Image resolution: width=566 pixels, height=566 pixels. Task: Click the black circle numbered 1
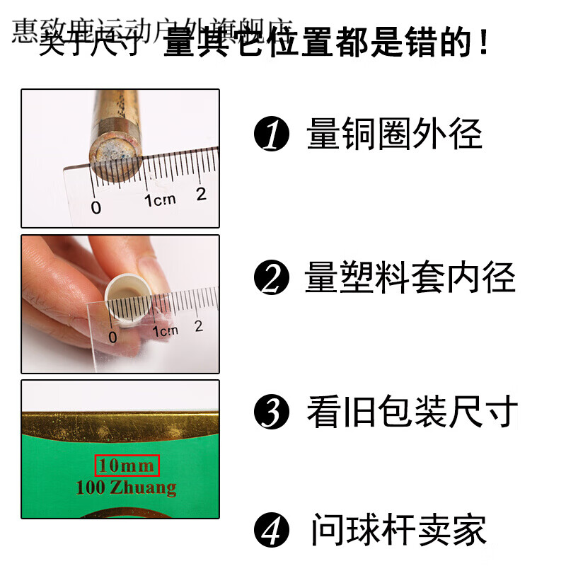272,134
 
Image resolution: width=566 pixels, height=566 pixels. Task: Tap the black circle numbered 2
272,278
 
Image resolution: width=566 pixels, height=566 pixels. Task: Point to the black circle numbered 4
272,530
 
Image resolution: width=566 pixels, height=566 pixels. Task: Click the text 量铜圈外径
394,134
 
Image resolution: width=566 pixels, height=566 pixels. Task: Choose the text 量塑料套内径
410,277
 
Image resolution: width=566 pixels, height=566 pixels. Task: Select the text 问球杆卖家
398,530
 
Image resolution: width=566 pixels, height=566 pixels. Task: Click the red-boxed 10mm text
127,466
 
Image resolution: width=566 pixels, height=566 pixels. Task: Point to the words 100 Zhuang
127,487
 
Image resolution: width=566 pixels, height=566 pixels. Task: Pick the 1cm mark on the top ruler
160,200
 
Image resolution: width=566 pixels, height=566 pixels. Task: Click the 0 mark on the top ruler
96,207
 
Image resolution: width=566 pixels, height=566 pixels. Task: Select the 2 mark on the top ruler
202,195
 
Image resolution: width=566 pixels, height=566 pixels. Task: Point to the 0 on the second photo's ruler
112,335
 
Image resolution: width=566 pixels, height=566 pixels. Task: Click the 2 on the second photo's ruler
199,326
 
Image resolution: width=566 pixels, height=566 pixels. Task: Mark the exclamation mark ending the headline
483,44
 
